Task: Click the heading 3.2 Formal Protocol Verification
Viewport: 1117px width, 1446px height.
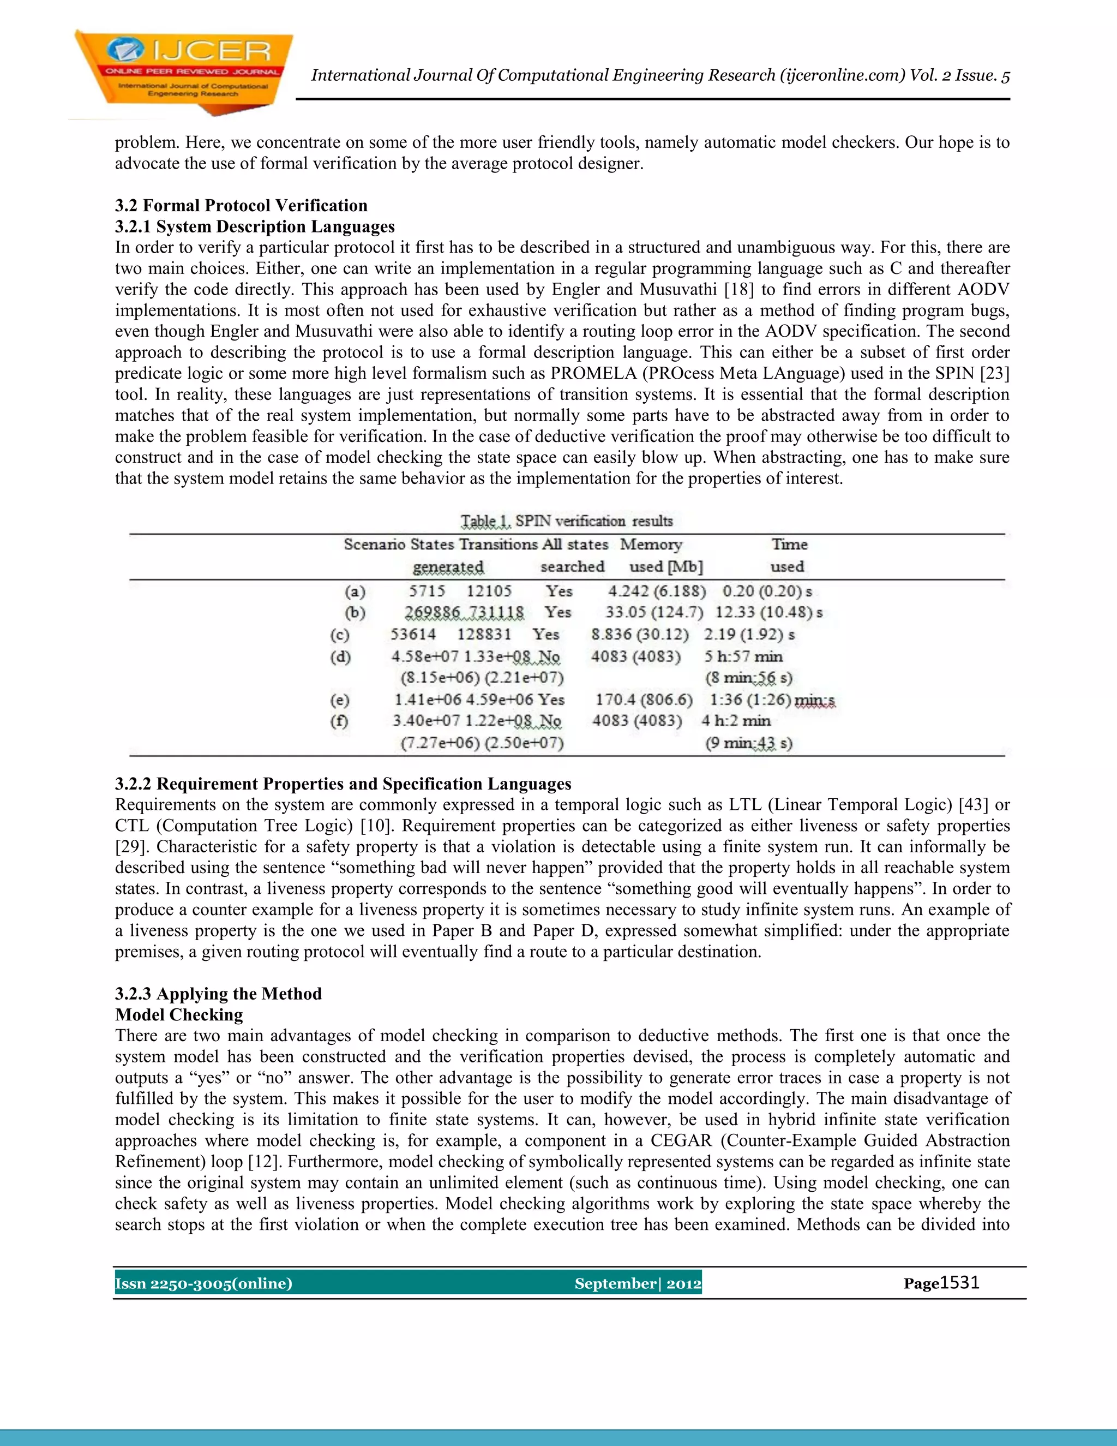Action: tap(241, 205)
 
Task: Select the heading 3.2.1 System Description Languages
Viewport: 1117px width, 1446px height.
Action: tap(254, 226)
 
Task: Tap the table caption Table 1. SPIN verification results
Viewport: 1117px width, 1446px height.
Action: tap(567, 521)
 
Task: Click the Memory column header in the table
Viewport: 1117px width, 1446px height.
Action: tap(651, 544)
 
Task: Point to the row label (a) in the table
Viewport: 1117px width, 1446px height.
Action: tap(355, 591)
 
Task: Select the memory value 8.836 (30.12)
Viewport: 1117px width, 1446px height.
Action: tap(639, 634)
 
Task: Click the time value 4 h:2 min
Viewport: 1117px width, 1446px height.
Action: tap(736, 720)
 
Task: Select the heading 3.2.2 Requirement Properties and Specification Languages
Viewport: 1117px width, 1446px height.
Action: tap(343, 784)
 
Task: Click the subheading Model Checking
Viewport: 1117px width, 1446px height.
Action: tap(179, 1015)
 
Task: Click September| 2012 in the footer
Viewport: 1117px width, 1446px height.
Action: tap(637, 1284)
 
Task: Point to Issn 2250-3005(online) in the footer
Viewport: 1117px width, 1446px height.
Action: tap(203, 1284)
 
